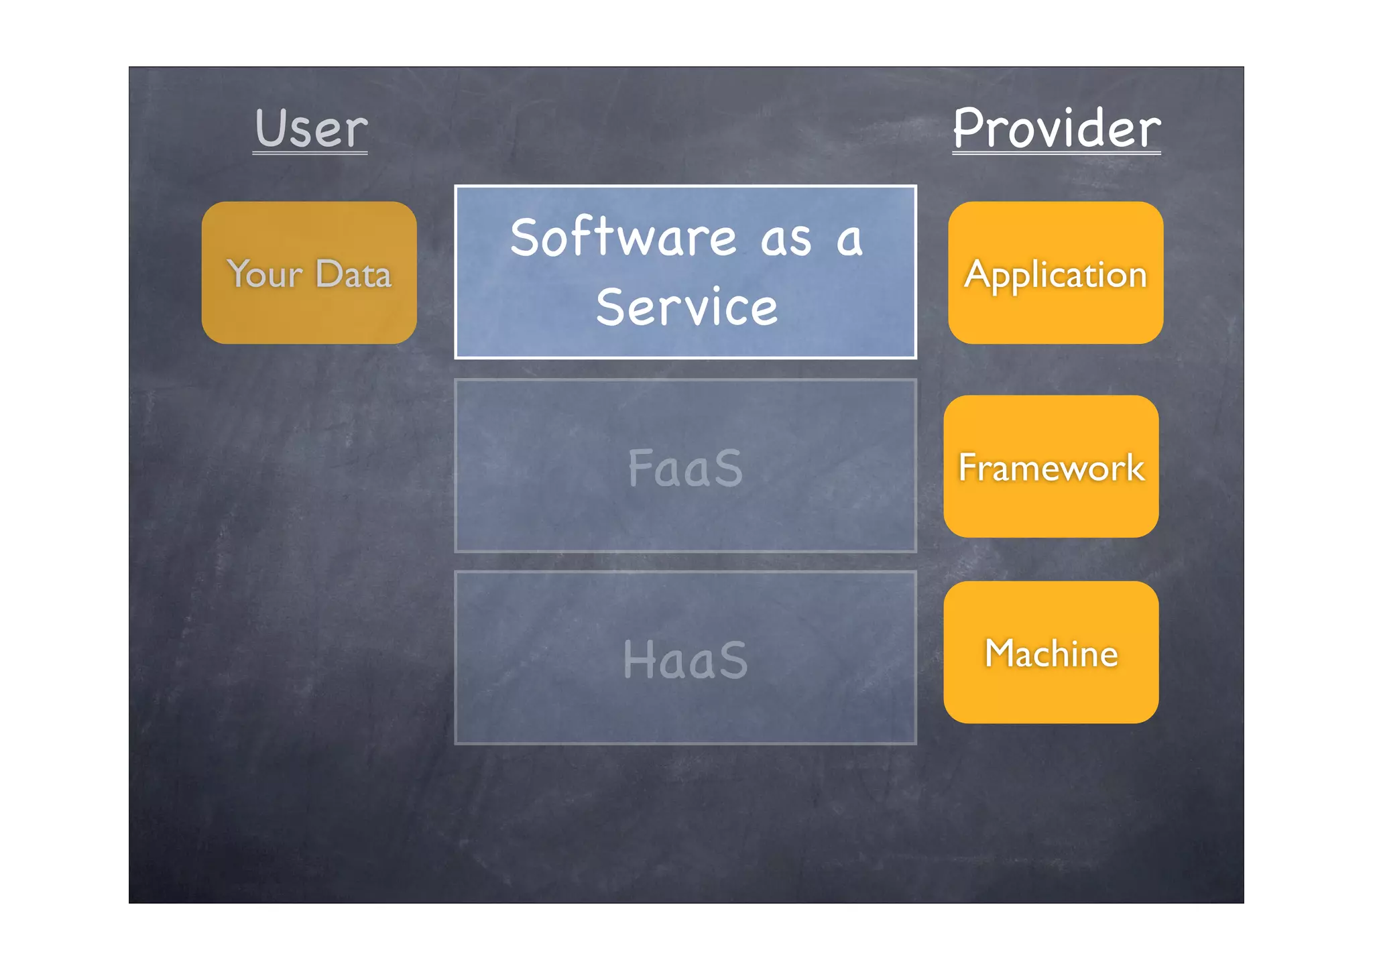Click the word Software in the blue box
(x=623, y=237)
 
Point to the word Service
(x=686, y=307)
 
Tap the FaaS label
(x=685, y=467)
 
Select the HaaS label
(x=685, y=660)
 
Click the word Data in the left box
(x=353, y=274)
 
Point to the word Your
(x=265, y=274)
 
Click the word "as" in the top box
(x=786, y=240)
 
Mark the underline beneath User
(x=310, y=154)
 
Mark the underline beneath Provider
(x=1057, y=154)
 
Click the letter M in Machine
(x=1000, y=653)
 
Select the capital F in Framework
(x=967, y=467)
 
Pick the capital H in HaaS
(x=638, y=660)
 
